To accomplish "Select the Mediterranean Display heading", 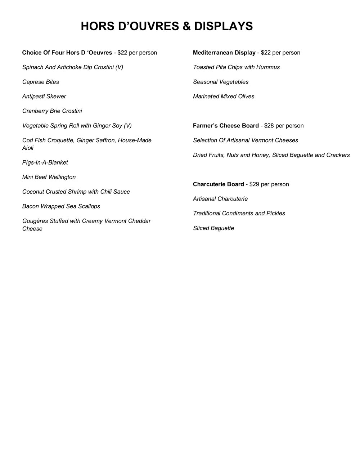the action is (x=224, y=53).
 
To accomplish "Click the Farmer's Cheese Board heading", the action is (x=226, y=126).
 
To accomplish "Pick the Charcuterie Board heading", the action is (x=218, y=184).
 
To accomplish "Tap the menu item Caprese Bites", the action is (x=41, y=82).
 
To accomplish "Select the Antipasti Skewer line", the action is (x=44, y=97).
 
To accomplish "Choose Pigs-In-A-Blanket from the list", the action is (x=45, y=162).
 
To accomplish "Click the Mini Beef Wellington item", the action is (x=49, y=177).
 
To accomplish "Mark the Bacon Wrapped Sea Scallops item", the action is (x=61, y=206).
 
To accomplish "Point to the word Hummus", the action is (x=268, y=67).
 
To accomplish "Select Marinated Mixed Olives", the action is (x=224, y=97).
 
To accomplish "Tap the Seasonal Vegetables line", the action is (x=221, y=82).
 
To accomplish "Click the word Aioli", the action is (x=28, y=148).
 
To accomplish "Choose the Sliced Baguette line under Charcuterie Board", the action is (x=213, y=228).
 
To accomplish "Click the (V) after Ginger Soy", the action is (x=127, y=126).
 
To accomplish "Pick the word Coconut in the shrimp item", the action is (x=33, y=192).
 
